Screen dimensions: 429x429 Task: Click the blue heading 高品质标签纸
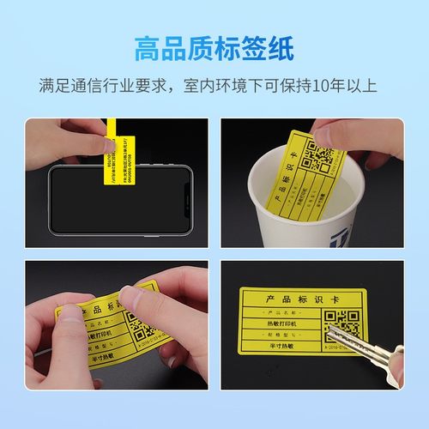click(x=214, y=48)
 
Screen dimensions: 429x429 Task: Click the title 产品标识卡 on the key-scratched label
click(x=297, y=298)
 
